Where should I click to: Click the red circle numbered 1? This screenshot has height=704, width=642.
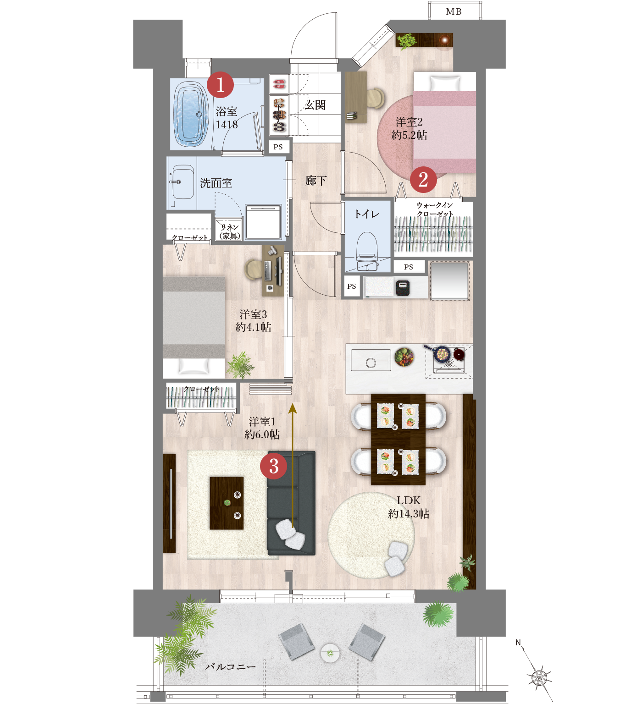[x=220, y=85]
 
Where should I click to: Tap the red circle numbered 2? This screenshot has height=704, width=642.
[x=423, y=179]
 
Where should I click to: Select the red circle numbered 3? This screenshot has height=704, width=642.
[x=273, y=466]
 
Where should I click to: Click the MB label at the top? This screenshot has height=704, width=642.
[x=454, y=12]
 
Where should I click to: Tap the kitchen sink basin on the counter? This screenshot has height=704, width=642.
[x=371, y=360]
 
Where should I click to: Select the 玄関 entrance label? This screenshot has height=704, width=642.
[x=315, y=105]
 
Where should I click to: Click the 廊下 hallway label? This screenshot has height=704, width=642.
[x=316, y=181]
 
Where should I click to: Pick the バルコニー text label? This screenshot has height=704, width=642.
[x=230, y=666]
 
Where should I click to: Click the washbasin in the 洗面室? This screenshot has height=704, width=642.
[x=183, y=182]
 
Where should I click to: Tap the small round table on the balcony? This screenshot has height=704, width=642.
[x=330, y=653]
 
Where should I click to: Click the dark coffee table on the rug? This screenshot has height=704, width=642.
[x=227, y=503]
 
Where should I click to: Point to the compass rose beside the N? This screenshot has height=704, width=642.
[x=539, y=676]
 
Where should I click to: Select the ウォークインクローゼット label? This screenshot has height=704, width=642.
[x=435, y=209]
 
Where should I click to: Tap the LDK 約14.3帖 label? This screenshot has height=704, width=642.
[x=409, y=507]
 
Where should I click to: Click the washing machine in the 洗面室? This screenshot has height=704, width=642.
[x=263, y=222]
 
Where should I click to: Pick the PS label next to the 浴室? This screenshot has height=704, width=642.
[x=278, y=147]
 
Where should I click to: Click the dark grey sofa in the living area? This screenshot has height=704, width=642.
[x=291, y=503]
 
